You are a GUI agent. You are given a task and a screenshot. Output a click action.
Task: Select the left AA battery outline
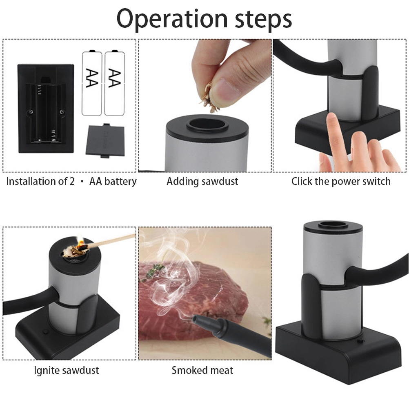click(x=92, y=83)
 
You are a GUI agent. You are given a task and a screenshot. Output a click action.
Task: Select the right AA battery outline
click(x=115, y=83)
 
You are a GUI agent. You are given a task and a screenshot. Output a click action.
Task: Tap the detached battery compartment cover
click(x=105, y=140)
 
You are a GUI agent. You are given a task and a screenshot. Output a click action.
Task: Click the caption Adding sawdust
click(x=202, y=181)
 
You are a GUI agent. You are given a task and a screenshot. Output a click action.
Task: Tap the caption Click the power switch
click(x=341, y=181)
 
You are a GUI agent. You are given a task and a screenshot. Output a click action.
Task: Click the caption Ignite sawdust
click(x=67, y=370)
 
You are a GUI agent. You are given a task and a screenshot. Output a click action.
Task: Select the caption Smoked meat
click(x=202, y=370)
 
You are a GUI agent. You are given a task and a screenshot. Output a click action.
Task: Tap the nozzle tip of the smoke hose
click(x=195, y=319)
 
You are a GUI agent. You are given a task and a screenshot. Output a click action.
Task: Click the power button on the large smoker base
click(x=361, y=341)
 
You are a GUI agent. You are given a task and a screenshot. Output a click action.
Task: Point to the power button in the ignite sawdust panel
click(x=46, y=332)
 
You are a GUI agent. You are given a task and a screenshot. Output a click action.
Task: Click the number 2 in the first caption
click(x=72, y=181)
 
